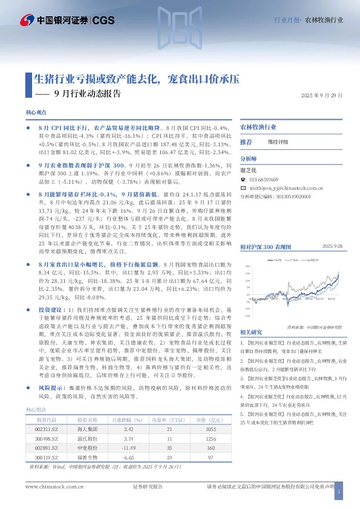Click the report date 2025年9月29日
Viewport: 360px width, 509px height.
322,96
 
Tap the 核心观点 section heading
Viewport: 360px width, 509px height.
36,113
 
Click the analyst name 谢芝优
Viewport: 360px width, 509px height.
249,171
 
